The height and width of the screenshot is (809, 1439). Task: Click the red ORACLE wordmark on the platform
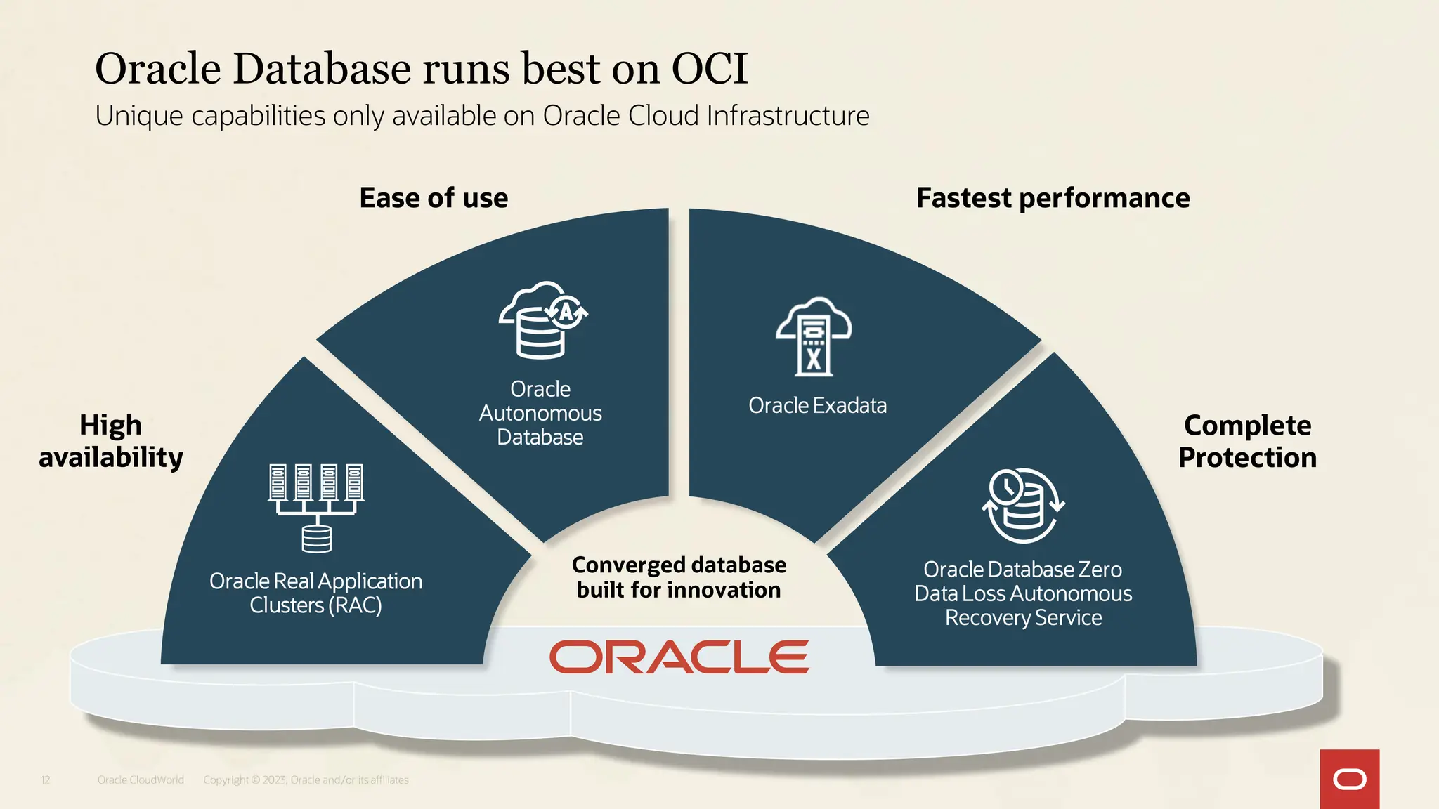679,657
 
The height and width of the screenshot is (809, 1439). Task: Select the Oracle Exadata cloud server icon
814,337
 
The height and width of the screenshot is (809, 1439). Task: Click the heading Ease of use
434,198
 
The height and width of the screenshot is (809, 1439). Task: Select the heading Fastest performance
1053,198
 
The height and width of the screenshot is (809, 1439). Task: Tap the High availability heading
111,441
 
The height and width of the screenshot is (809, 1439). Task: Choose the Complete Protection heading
1247,441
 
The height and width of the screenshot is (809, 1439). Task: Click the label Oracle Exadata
817,406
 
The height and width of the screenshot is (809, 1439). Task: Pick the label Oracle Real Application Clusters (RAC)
316,593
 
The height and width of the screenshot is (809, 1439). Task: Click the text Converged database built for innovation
678,577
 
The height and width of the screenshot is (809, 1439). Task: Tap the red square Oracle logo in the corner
1349,779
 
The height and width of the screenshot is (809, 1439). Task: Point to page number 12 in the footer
45,780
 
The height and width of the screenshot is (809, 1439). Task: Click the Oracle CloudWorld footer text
141,780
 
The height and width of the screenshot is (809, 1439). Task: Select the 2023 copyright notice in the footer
306,780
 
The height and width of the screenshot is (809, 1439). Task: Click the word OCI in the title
709,69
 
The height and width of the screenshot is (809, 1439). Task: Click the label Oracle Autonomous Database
540,413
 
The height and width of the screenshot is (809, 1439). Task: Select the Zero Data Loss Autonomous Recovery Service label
1023,593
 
